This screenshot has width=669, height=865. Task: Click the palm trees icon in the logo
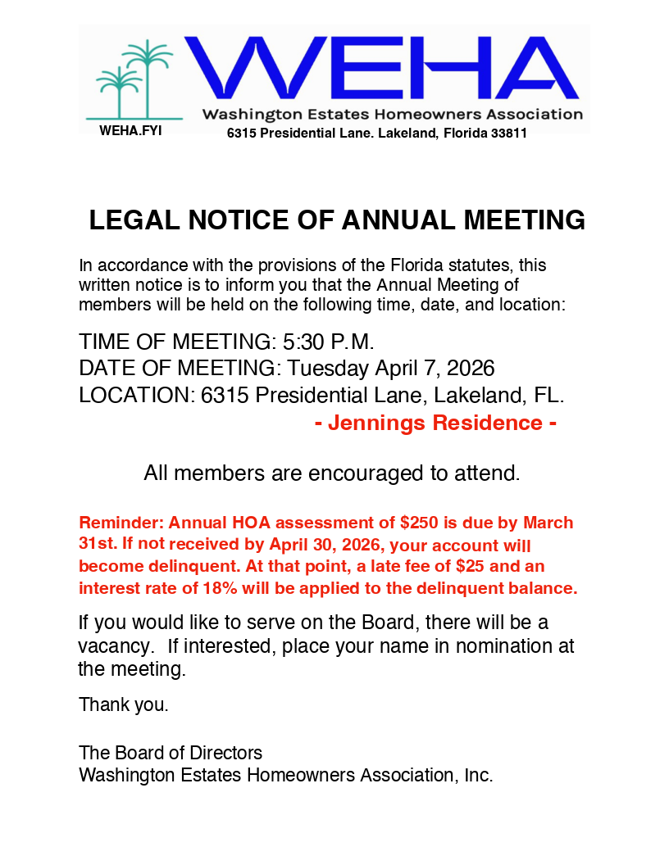(x=133, y=78)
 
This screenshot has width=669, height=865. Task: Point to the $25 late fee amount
(x=474, y=567)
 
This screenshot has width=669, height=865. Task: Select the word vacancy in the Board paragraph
(x=115, y=646)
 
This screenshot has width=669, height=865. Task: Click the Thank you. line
(x=124, y=704)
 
